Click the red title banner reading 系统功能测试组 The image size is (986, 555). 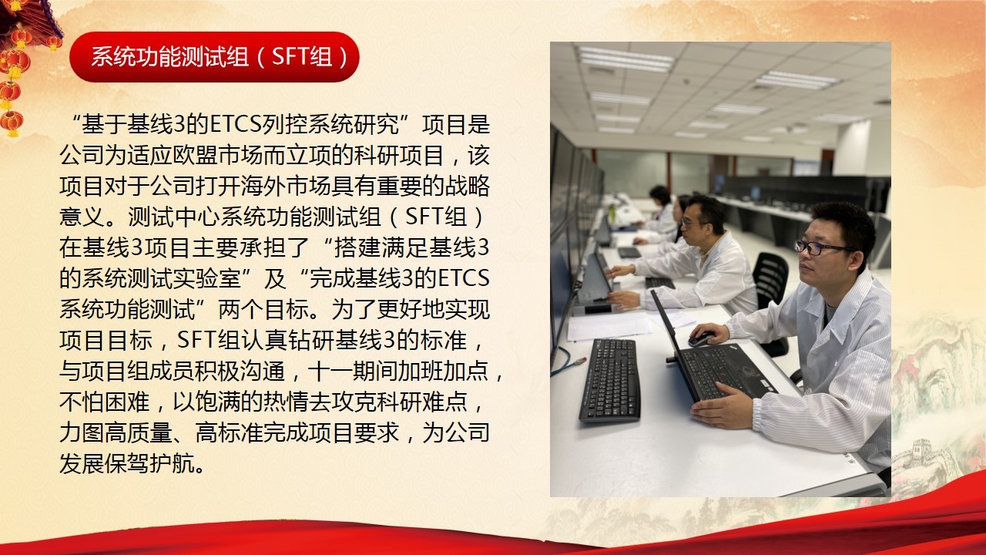point(214,57)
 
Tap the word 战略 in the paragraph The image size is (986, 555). point(467,187)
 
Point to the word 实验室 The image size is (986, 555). point(206,278)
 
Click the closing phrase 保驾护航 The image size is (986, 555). point(149,463)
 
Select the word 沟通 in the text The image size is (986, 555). point(263,371)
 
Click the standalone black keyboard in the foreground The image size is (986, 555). point(610,380)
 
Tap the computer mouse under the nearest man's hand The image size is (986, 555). point(700,338)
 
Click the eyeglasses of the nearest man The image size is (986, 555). point(821,247)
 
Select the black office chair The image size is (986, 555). point(770,291)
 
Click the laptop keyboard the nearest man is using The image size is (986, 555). point(726,369)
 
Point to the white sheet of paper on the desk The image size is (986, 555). point(609,326)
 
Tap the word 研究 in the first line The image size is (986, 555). point(376,125)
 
